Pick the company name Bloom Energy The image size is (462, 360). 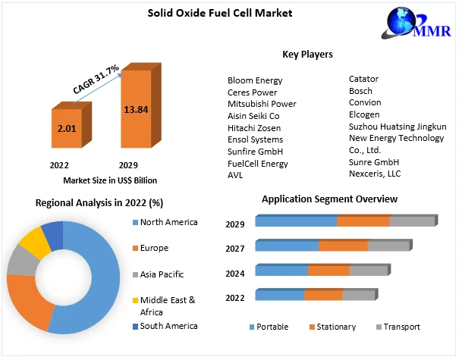[x=255, y=80]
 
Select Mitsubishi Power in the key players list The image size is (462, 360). [x=262, y=104]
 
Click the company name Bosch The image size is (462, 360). [x=361, y=90]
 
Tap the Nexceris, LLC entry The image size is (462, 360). [x=374, y=174]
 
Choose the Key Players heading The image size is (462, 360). [x=307, y=55]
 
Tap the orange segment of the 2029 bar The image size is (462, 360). [x=363, y=221]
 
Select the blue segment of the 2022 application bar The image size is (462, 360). [x=279, y=295]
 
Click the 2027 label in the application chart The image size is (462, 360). [x=234, y=249]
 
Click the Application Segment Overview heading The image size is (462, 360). [x=329, y=199]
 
